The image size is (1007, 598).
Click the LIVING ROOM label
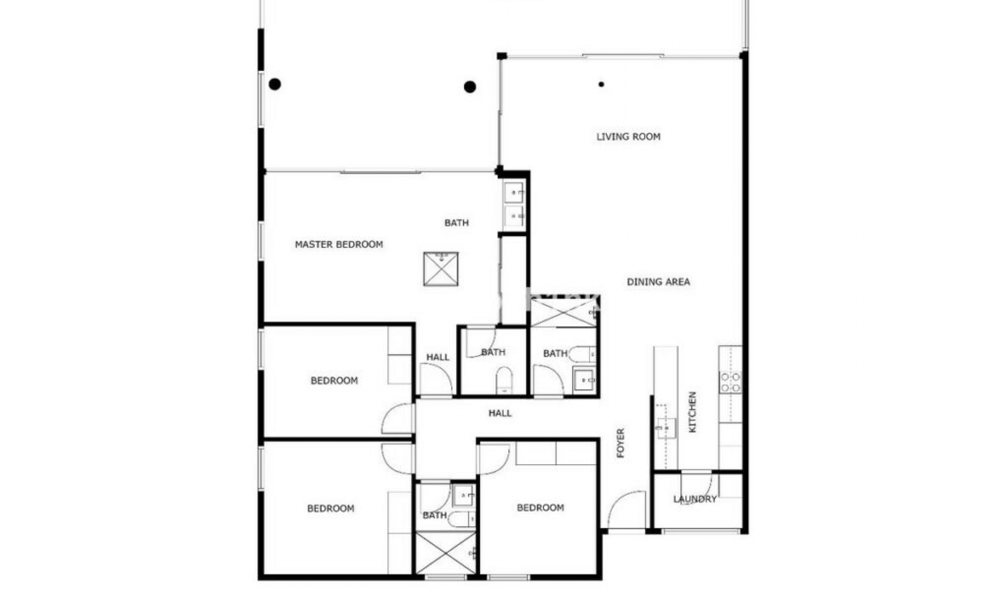(628, 137)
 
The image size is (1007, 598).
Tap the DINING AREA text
(658, 282)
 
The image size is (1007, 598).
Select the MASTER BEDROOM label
(338, 244)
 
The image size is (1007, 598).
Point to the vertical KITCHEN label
(692, 412)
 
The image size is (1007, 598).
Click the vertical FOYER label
(621, 443)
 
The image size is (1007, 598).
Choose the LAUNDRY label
(694, 499)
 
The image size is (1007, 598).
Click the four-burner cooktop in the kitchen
(730, 382)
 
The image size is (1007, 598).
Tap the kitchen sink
(666, 428)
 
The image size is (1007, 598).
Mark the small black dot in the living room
(601, 84)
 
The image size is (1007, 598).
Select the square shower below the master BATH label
(441, 269)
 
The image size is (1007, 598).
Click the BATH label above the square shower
(456, 223)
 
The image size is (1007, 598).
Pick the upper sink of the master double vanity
(513, 193)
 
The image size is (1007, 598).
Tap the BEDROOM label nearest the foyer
(540, 508)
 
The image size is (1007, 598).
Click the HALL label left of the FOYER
(500, 413)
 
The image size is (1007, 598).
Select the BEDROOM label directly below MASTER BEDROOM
(334, 381)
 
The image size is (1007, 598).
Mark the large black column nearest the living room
(470, 87)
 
